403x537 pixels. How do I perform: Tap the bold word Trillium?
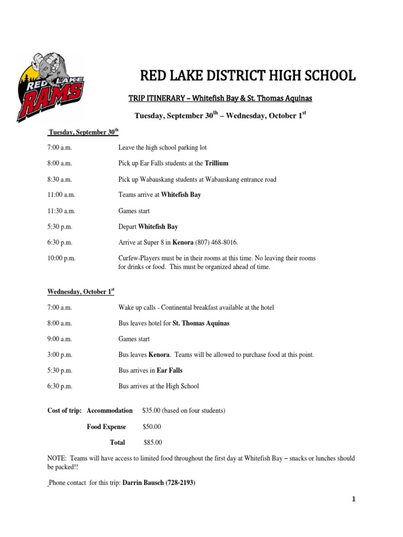217,164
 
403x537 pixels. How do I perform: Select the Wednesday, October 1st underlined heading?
81,291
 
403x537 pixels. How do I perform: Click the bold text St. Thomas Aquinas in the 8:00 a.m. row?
201,323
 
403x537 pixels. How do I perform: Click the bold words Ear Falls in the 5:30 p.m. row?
170,371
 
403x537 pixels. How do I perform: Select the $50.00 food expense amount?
152,427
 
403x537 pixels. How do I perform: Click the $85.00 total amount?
153,443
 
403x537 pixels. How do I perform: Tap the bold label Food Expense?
107,427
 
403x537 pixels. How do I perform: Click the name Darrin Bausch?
144,483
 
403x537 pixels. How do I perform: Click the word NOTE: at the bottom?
57,458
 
